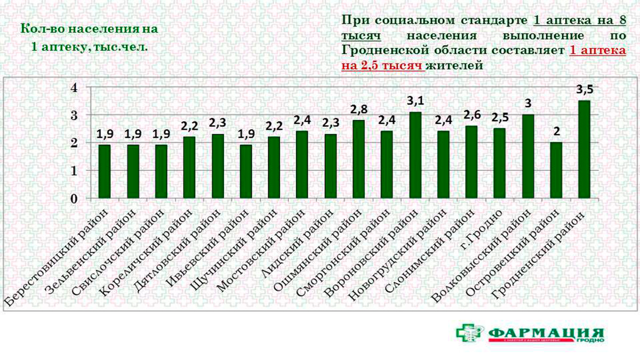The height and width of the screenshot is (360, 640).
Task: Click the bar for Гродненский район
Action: pyautogui.click(x=585, y=150)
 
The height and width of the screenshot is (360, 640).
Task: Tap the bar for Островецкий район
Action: pyautogui.click(x=556, y=171)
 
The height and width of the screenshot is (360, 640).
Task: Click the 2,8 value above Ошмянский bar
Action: pyautogui.click(x=358, y=110)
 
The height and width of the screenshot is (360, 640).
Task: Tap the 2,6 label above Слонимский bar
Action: pyautogui.click(x=471, y=115)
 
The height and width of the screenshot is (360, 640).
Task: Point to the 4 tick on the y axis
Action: pyautogui.click(x=75, y=87)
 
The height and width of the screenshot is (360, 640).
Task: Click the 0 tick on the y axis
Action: pyautogui.click(x=75, y=199)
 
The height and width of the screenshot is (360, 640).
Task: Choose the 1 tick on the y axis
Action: pyautogui.click(x=75, y=171)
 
